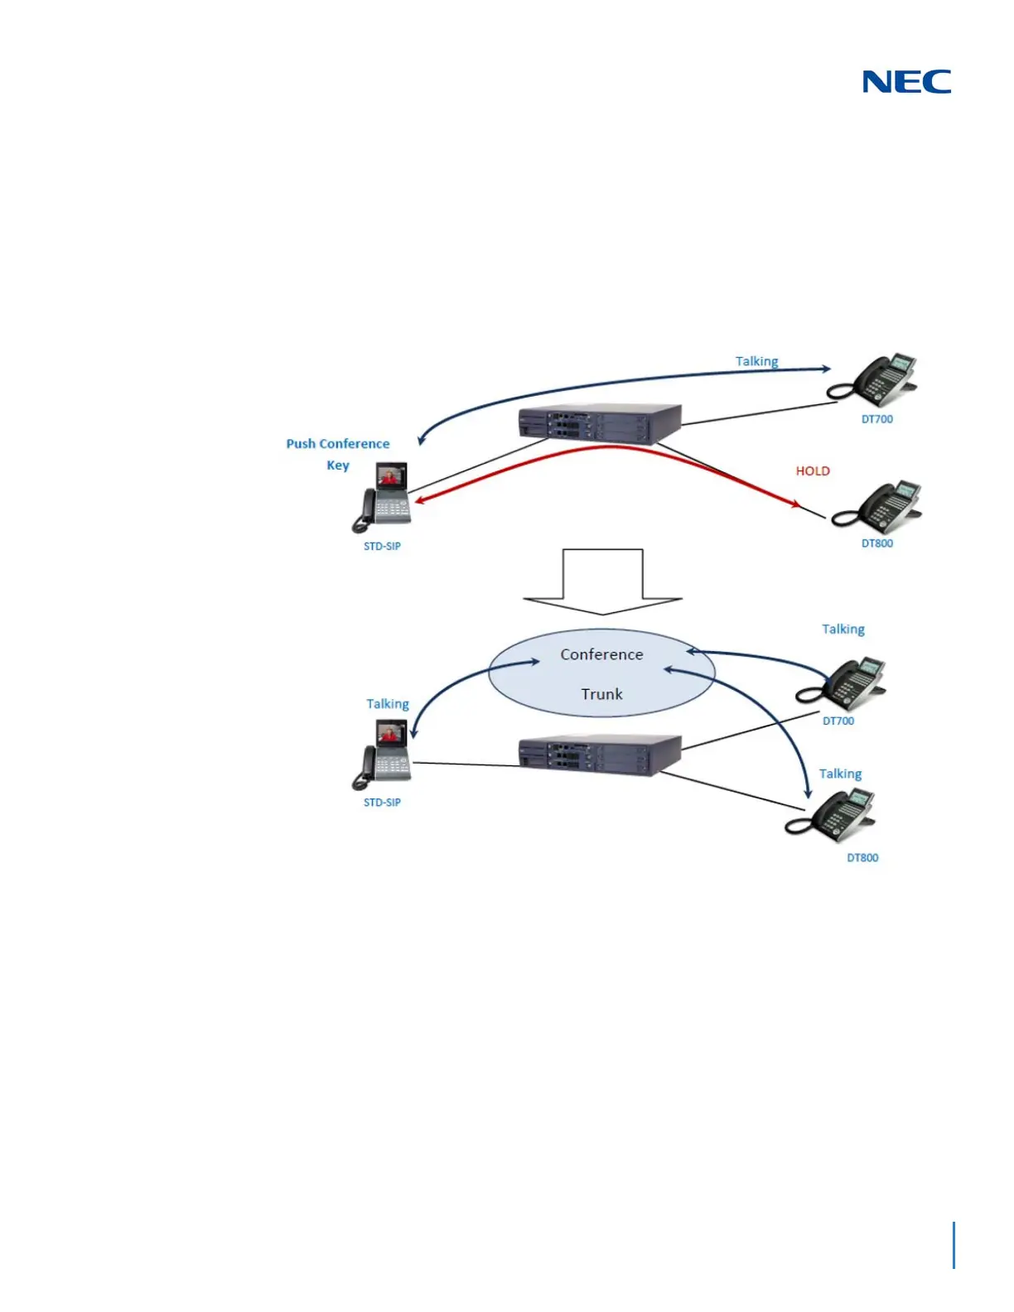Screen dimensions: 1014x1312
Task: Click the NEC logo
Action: coord(906,81)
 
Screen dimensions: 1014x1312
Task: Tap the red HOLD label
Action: coord(812,470)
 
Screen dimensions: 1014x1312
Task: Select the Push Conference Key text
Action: coord(338,454)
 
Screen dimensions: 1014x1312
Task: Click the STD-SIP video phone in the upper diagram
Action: coord(384,497)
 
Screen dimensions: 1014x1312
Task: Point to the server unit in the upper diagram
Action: coord(600,422)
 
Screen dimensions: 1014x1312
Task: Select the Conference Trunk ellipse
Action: coord(601,673)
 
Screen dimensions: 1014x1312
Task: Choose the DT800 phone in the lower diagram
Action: coord(833,816)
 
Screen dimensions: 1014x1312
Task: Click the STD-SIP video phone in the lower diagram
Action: coord(384,754)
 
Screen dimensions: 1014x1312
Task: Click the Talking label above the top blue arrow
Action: coord(756,361)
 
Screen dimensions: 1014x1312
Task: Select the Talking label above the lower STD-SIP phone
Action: coord(388,703)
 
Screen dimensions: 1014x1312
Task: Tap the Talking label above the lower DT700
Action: coord(843,629)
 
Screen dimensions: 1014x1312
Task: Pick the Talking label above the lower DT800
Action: coord(840,774)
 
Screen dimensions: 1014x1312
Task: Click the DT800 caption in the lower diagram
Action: coord(862,857)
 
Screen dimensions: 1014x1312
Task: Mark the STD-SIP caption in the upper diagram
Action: coord(382,546)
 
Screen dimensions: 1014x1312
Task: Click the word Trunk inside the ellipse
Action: coord(601,694)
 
